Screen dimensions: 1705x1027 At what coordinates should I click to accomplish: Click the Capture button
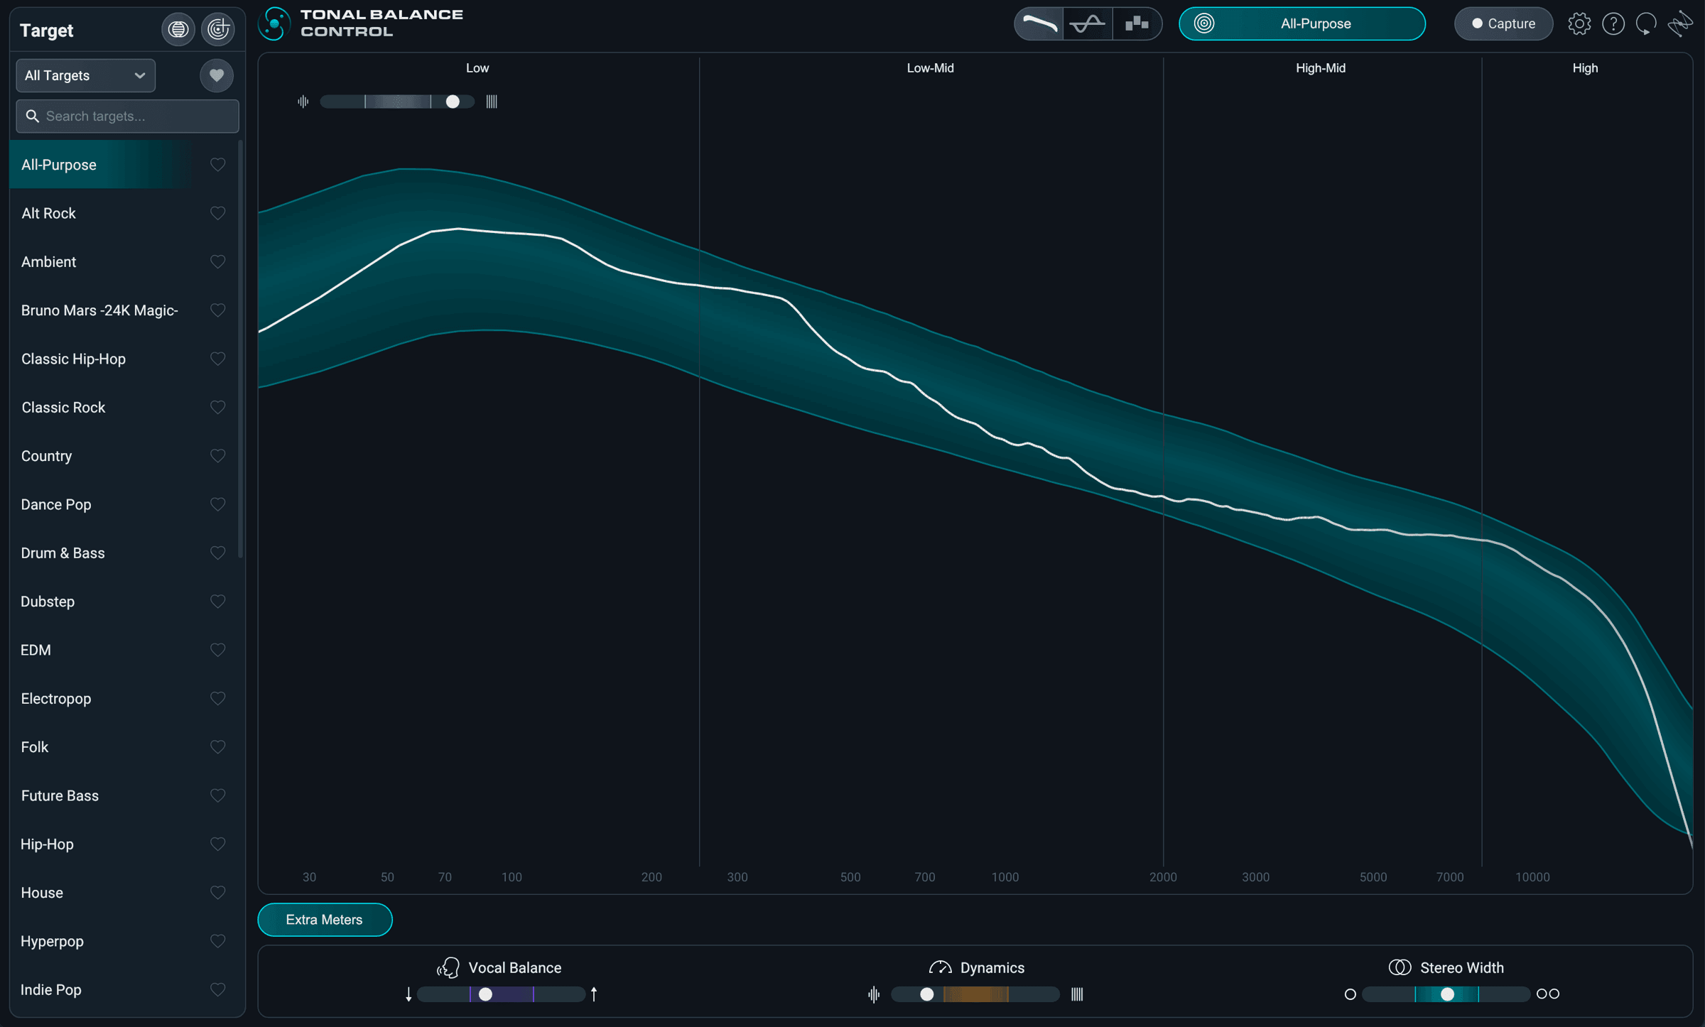click(x=1503, y=23)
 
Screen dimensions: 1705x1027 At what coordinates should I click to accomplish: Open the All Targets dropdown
click(x=85, y=75)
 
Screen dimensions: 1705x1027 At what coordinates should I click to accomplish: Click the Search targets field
click(x=128, y=116)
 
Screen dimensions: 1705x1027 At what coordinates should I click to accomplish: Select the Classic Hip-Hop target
click(x=73, y=359)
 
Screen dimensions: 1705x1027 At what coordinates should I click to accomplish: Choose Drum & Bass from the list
click(x=63, y=553)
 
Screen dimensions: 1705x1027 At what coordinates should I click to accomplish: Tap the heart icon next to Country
click(x=218, y=455)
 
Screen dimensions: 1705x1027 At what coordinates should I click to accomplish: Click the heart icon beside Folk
click(x=218, y=746)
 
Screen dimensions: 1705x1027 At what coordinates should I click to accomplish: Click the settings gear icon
click(x=1579, y=23)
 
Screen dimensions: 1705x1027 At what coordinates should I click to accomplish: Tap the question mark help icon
click(x=1613, y=23)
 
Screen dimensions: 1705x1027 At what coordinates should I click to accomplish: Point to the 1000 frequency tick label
click(x=1005, y=877)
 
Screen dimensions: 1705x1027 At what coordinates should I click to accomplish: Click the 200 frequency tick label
click(x=651, y=877)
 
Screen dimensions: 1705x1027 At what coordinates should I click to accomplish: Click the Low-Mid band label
click(x=930, y=68)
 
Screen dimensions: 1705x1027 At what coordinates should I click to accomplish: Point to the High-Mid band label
click(x=1321, y=68)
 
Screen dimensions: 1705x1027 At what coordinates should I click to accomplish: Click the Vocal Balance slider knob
click(x=485, y=994)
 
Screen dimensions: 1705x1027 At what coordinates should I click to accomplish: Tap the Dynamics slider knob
click(x=926, y=994)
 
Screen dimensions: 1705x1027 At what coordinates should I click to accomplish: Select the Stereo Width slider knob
click(x=1447, y=994)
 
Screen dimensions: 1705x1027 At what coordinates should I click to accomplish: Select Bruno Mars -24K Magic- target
click(x=99, y=310)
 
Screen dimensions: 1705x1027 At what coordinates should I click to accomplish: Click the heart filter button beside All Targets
click(x=217, y=75)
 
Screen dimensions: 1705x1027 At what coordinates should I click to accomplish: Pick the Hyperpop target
click(x=52, y=941)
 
